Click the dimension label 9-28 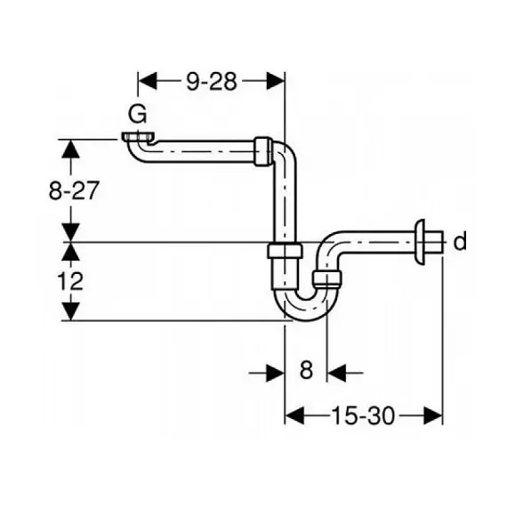[212, 81]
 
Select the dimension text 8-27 [73, 190]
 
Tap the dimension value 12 [70, 281]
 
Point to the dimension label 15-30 [363, 415]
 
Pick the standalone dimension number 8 [306, 370]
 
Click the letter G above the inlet [138, 114]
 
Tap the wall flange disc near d [420, 242]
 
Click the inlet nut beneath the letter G [138, 137]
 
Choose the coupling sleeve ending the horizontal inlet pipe [263, 151]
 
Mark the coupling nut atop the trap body [285, 251]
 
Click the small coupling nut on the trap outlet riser [327, 278]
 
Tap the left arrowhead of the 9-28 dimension [148, 81]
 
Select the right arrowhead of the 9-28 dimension [276, 81]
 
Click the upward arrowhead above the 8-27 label [70, 149]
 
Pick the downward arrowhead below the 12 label [70, 311]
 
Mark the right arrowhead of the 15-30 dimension [433, 415]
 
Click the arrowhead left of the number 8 [275, 373]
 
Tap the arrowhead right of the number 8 [336, 373]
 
